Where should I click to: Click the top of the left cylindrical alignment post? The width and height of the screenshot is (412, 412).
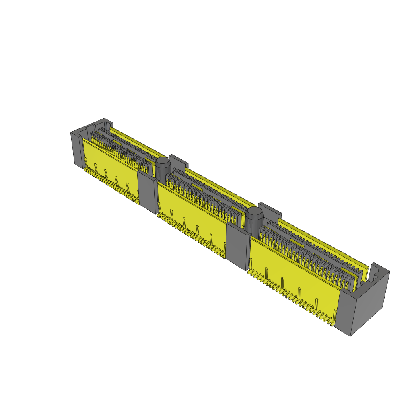pyautogui.click(x=163, y=162)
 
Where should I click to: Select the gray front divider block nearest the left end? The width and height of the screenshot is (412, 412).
pyautogui.click(x=147, y=191)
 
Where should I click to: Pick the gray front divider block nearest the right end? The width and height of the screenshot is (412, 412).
pyautogui.click(x=237, y=245)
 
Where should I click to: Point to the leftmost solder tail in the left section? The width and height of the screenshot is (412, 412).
pyautogui.click(x=85, y=171)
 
